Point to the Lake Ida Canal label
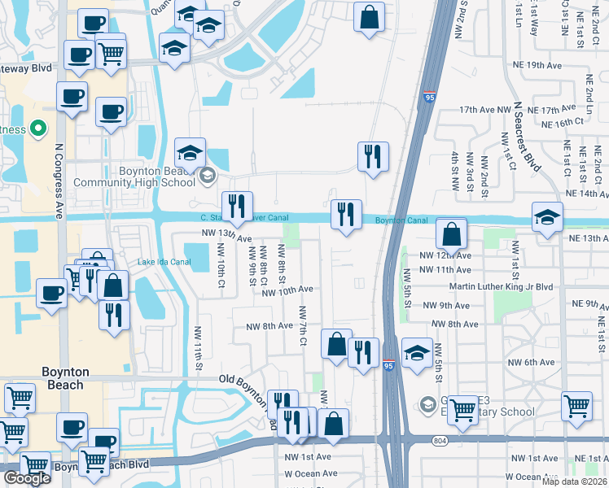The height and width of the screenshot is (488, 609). (164, 261)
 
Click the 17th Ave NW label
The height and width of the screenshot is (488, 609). (484, 108)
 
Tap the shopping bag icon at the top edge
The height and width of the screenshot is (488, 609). (370, 18)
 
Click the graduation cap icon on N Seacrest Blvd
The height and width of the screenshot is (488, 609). (547, 217)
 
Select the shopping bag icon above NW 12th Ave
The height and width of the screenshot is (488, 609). (451, 234)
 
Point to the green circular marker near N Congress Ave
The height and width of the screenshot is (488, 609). (37, 129)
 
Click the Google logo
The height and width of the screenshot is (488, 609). (27, 478)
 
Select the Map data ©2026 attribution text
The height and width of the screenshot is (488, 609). (574, 481)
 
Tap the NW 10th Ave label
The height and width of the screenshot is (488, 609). (287, 289)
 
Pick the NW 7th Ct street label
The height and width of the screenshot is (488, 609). (302, 325)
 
